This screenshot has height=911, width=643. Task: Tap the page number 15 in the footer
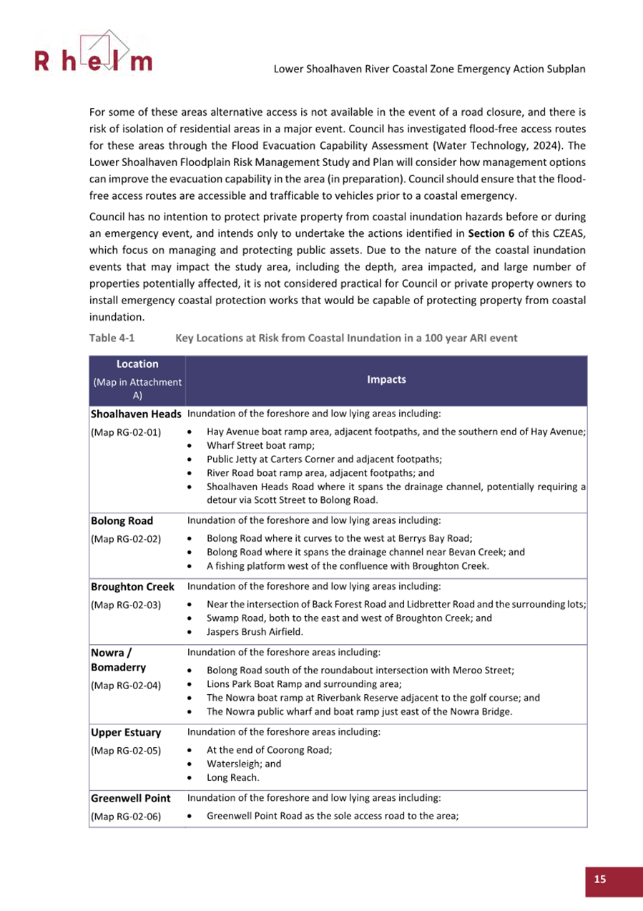[599, 879]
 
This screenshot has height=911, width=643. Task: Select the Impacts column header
[386, 380]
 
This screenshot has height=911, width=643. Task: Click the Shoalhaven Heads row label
[136, 414]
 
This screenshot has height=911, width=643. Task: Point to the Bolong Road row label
[121, 521]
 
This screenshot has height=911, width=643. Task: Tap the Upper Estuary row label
[125, 733]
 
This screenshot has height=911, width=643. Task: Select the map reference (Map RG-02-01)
[125, 432]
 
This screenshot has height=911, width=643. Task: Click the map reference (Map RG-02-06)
[125, 816]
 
